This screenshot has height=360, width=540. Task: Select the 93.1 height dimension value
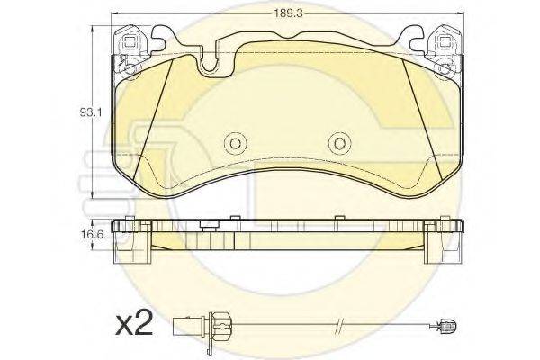coord(91,112)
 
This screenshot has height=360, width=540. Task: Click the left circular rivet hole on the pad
coord(235,143)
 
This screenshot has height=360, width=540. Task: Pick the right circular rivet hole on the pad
coord(339,143)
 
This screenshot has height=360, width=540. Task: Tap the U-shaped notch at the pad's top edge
coord(209,67)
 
